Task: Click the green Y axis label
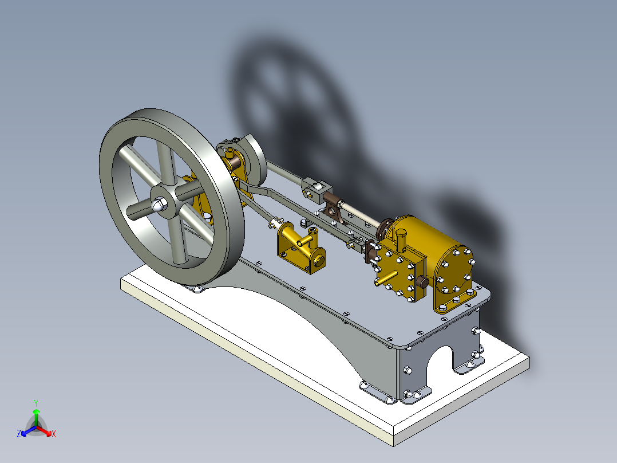tap(35, 402)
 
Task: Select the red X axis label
tap(54, 434)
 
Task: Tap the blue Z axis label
tap(18, 434)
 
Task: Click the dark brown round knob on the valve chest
tap(423, 281)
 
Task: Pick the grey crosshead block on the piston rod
tap(317, 187)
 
